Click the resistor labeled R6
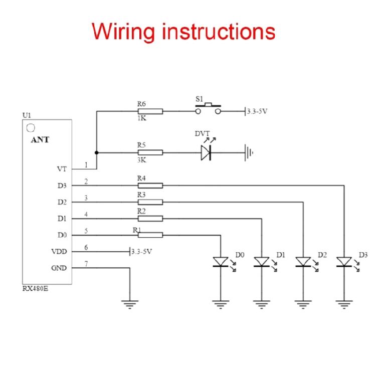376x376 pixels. coord(150,111)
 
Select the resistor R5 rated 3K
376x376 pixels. coord(150,152)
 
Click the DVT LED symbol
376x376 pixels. coord(206,152)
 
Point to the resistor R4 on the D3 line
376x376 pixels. coord(150,185)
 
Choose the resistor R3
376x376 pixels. coord(150,202)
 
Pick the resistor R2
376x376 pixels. coord(150,219)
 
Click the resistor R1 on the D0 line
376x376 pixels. coord(150,235)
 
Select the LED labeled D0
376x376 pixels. coord(221,262)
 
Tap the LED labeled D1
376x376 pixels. coord(262,262)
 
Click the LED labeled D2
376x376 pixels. coord(303,262)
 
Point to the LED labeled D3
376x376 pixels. coord(344,262)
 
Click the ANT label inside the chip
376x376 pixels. coord(40,140)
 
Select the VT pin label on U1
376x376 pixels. coord(62,169)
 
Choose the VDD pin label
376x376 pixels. coord(59,252)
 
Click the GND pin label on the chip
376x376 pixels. coord(59,268)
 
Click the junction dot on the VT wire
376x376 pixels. coord(96,152)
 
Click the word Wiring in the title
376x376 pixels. coord(123,31)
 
